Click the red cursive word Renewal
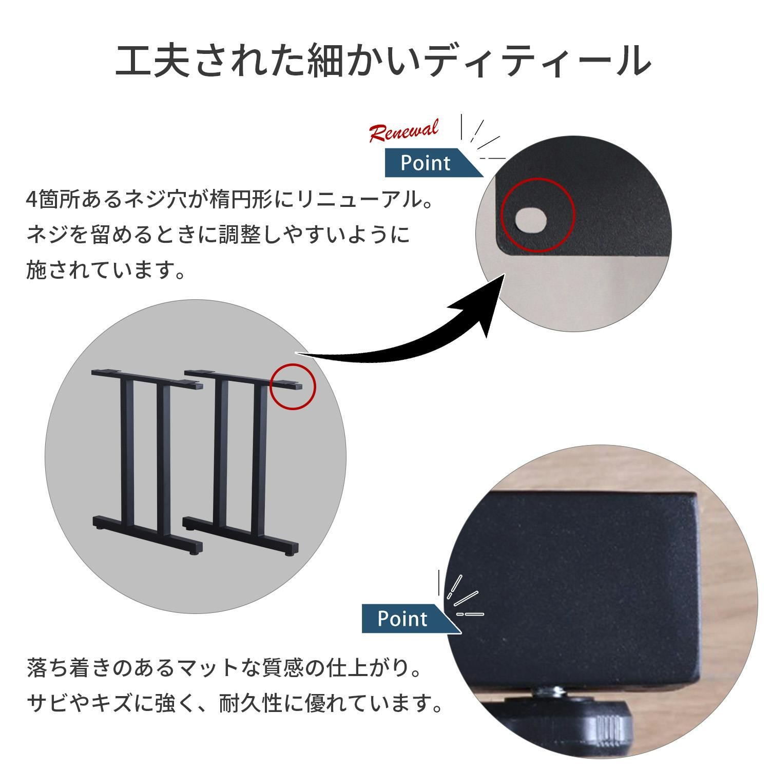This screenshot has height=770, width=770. point(404,131)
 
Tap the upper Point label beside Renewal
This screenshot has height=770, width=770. point(425,163)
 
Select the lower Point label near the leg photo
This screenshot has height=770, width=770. point(402,619)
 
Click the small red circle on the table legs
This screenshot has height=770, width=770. point(293,386)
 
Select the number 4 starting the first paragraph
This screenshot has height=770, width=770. point(31,200)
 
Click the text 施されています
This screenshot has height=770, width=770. point(105,270)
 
